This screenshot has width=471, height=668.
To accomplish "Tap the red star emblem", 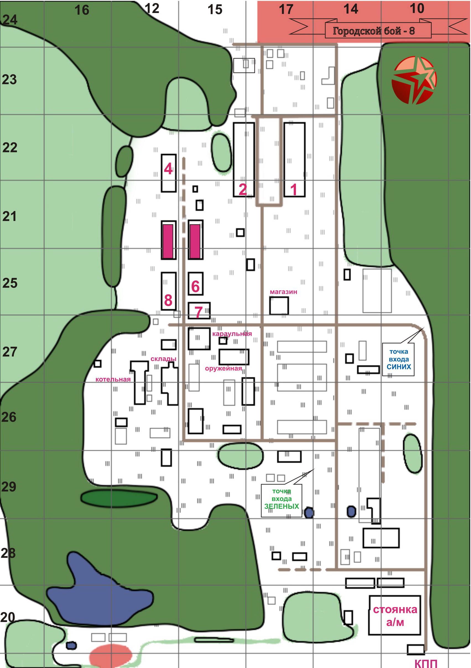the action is coord(414,80).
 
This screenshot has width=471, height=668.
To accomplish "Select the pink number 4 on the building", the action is coord(168,168).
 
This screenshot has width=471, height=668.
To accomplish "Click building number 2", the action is coord(244,160).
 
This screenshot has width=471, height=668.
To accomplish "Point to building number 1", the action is coord(294,160).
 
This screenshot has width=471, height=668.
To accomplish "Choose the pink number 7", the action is coord(199,312).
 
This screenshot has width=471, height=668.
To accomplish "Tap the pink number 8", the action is coord(168,300).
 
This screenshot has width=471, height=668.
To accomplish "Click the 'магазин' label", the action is coord(283,292).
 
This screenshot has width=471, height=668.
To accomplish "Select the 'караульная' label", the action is coord(232,333).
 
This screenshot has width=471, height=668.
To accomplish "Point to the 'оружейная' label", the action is coord(223,368).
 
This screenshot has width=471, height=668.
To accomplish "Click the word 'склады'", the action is coord(163,359).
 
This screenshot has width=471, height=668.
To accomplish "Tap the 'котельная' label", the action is coord(113,379).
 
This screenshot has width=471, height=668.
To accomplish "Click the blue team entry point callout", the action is coord(398,359).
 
